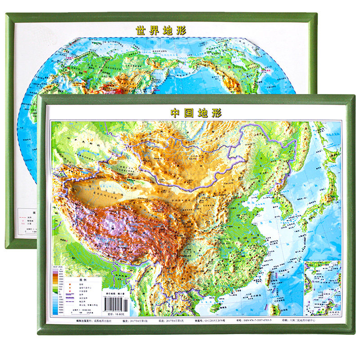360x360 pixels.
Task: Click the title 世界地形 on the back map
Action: click(161, 31)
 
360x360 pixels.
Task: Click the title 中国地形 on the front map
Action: click(197, 112)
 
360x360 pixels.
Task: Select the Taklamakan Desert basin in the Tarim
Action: click(97, 189)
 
